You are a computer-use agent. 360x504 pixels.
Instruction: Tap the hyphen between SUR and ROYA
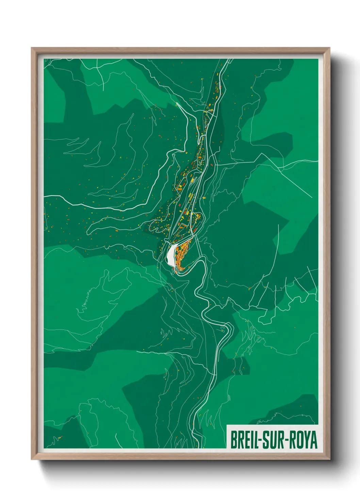coord(289,440)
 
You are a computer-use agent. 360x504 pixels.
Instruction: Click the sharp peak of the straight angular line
coord(261,154)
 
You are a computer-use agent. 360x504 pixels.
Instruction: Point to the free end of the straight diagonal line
coord(312,198)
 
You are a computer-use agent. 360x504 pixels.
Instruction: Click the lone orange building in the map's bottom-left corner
coord(60,437)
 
